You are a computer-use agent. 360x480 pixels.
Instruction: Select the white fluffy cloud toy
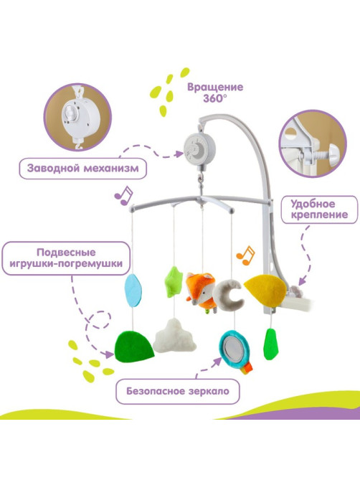tap(175, 336)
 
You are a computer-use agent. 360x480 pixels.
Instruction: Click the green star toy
tap(174, 282)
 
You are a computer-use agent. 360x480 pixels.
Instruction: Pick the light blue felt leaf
tap(133, 290)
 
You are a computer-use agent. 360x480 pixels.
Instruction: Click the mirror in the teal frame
tap(233, 348)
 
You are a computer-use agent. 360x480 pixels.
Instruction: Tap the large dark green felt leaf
tap(133, 347)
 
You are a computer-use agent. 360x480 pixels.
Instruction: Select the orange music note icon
tap(245, 255)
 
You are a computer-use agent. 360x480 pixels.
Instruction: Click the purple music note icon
tap(123, 196)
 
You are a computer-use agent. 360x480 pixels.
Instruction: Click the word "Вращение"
tap(215, 87)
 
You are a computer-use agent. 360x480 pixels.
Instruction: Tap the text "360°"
tap(215, 98)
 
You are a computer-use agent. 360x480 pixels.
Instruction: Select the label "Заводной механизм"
tap(83, 169)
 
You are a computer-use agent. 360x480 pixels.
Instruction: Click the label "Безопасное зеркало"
tap(178, 391)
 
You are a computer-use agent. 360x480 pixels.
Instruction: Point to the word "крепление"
tap(319, 215)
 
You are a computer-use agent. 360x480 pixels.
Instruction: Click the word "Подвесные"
tap(66, 253)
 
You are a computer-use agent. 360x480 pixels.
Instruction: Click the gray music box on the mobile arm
tap(199, 149)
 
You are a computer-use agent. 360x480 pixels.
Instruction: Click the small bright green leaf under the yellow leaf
tap(270, 344)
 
